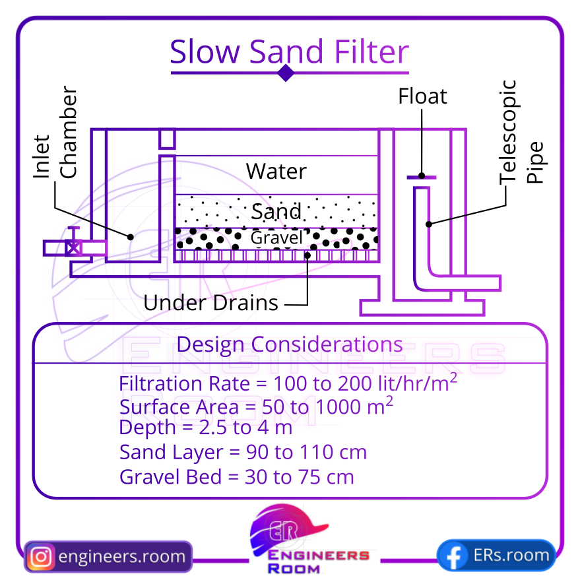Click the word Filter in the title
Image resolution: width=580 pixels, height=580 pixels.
(371, 51)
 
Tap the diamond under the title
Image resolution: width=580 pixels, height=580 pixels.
(286, 73)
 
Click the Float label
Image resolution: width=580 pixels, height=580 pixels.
(422, 96)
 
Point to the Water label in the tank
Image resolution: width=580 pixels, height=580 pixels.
(276, 172)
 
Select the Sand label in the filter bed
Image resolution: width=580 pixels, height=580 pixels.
(276, 212)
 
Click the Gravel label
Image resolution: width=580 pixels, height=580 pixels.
(276, 238)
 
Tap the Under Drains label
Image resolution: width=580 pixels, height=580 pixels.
(210, 303)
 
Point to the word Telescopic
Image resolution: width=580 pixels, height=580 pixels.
(508, 132)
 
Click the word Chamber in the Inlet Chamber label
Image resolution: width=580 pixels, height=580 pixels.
(69, 132)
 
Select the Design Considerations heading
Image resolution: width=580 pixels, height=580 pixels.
(290, 344)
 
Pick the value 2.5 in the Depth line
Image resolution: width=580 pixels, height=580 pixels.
(212, 428)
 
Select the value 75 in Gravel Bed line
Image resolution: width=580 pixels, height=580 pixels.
(310, 477)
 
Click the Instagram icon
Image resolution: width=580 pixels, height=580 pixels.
(41, 557)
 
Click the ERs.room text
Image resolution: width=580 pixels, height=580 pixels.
(511, 555)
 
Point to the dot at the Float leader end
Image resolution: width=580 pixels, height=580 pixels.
(422, 176)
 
